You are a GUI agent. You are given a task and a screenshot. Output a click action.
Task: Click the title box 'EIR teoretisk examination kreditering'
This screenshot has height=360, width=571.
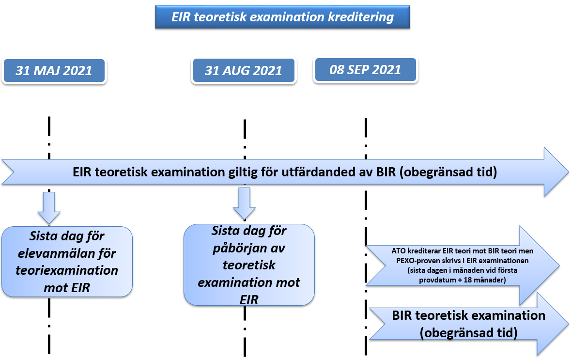pyautogui.click(x=282, y=17)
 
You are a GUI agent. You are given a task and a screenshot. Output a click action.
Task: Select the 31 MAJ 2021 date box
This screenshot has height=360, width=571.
pyautogui.click(x=54, y=71)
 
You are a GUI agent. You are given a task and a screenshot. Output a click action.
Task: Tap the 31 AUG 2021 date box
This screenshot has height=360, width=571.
pyautogui.click(x=244, y=70)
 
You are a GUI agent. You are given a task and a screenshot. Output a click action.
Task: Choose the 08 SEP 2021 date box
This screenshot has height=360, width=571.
pyautogui.click(x=365, y=70)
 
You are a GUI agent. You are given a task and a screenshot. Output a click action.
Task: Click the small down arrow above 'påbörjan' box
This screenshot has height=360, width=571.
pyautogui.click(x=245, y=203)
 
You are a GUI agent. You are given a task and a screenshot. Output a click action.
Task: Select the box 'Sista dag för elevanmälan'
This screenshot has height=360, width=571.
pyautogui.click(x=67, y=262)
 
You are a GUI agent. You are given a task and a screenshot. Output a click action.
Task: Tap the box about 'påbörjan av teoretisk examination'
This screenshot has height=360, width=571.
pyautogui.click(x=249, y=265)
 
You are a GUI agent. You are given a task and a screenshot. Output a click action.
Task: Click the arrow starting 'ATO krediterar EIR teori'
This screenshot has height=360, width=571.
pyautogui.click(x=463, y=265)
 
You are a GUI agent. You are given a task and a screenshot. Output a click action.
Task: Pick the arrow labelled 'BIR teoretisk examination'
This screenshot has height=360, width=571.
pyautogui.click(x=469, y=324)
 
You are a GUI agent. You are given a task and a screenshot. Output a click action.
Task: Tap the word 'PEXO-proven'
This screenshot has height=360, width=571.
pyautogui.click(x=417, y=261)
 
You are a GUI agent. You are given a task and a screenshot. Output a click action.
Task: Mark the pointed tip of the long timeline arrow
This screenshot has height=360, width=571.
pyautogui.click(x=568, y=172)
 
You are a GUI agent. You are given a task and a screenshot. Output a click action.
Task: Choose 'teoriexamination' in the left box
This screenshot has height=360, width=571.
pyautogui.click(x=67, y=270)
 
